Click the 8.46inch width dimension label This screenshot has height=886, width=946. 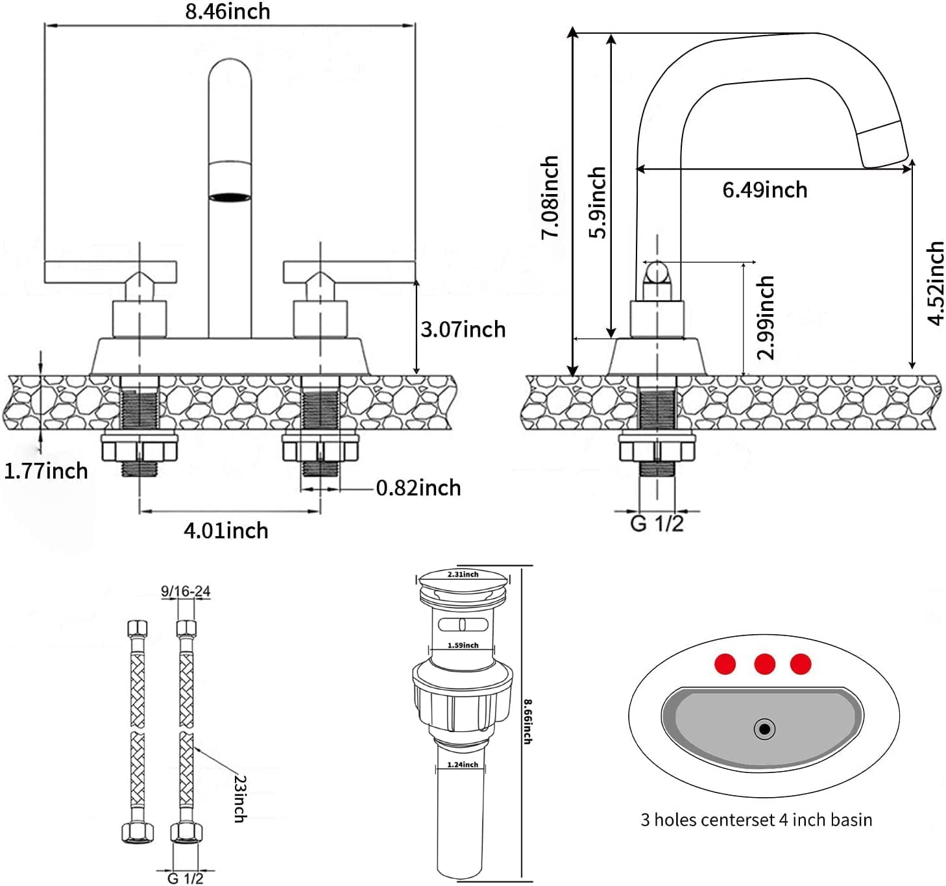(228, 12)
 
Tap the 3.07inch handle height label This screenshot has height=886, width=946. (463, 329)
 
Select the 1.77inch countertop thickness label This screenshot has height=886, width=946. (46, 471)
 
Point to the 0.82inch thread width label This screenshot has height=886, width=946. (418, 487)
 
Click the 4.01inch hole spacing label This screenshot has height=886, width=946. (226, 530)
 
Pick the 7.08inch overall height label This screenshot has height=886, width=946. (550, 197)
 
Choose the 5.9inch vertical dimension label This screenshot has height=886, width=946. (597, 203)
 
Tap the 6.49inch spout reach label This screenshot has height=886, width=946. (765, 190)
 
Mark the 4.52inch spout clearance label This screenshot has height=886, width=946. (935, 283)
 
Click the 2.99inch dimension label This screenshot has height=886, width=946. (766, 317)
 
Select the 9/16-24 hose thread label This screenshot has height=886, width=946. (186, 591)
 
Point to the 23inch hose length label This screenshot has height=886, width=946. (239, 798)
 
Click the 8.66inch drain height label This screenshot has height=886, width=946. (528, 721)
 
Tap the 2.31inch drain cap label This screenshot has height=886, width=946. (463, 574)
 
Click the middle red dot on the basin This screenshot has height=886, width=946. (764, 664)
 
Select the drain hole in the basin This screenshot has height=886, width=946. (764, 729)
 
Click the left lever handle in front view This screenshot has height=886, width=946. (110, 271)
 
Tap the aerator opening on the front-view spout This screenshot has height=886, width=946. (230, 196)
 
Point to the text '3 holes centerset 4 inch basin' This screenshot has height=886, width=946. (756, 820)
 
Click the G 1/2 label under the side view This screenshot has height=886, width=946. (657, 523)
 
